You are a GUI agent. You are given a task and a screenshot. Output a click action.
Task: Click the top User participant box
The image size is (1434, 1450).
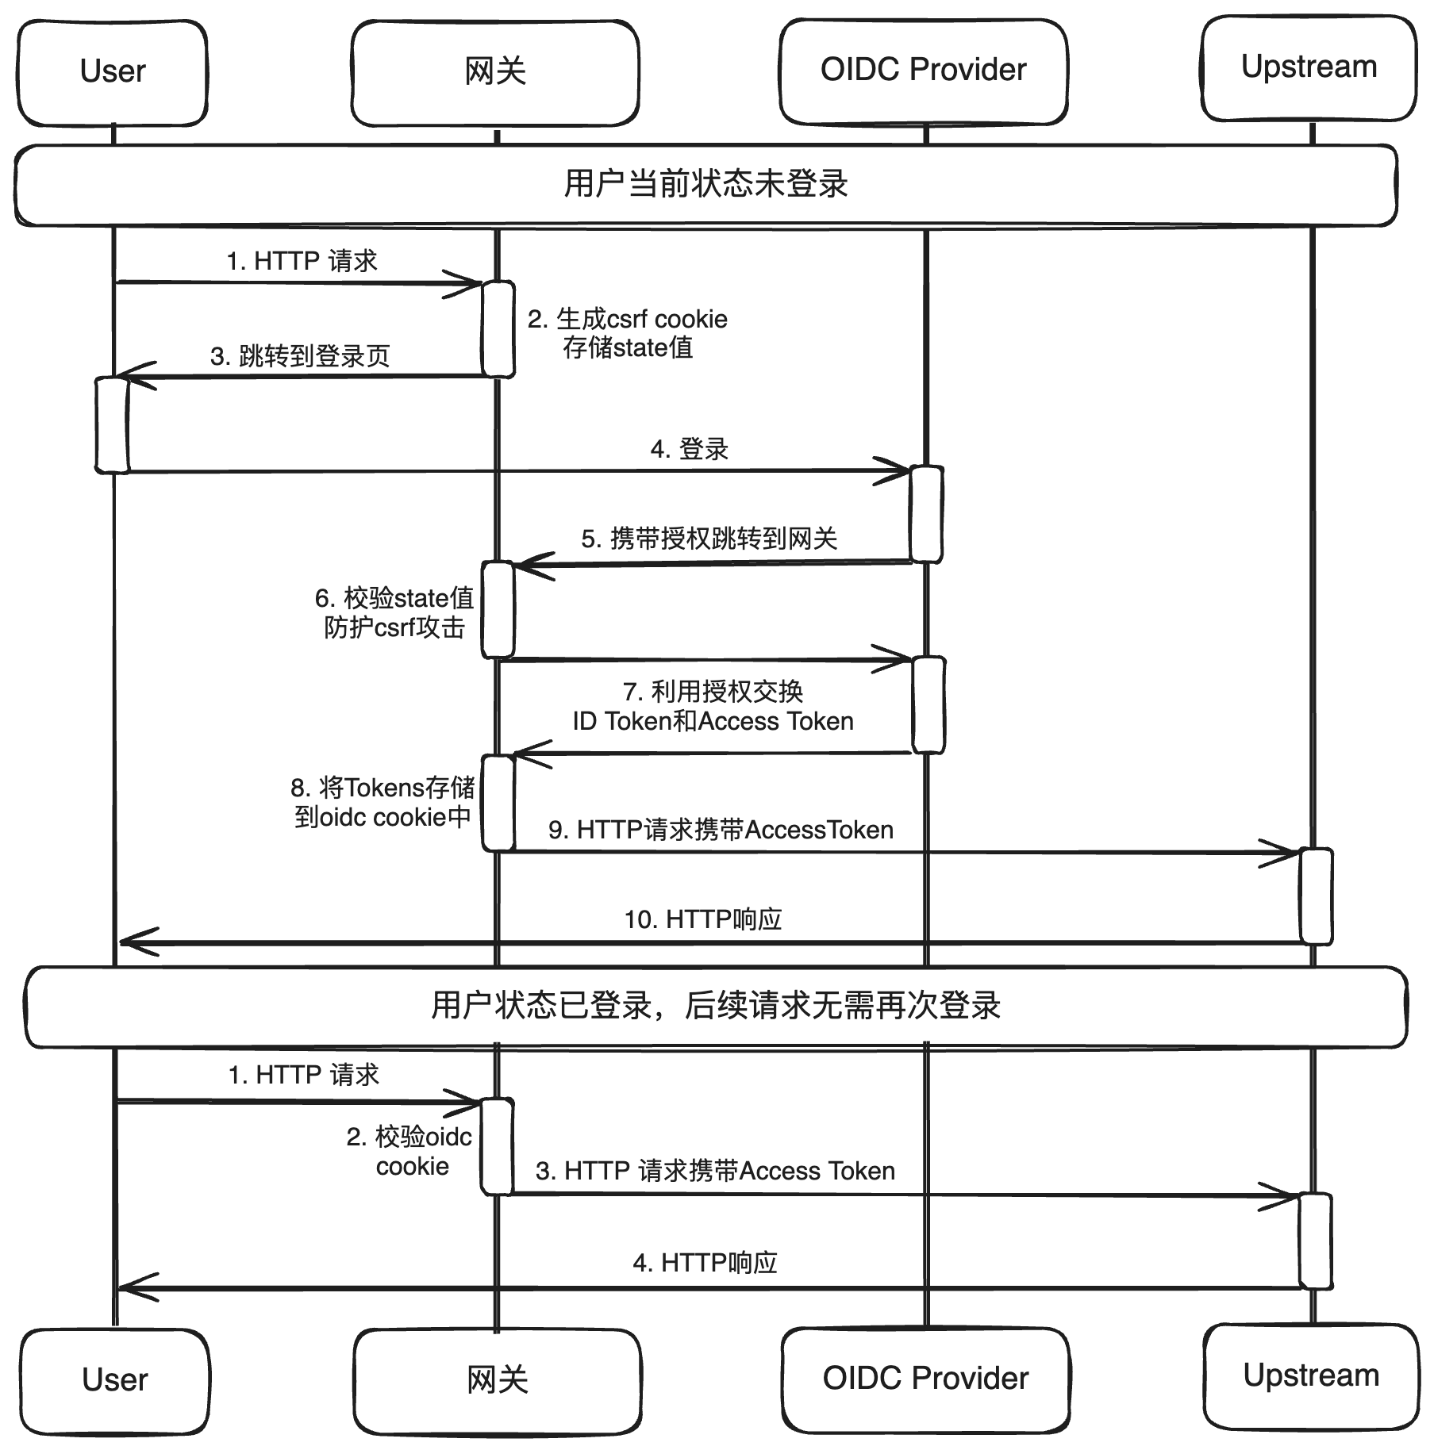[x=113, y=71]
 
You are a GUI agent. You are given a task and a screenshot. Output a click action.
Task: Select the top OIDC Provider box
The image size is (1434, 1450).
[x=923, y=71]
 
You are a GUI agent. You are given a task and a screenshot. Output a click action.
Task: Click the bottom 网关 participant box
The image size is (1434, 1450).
[x=497, y=1380]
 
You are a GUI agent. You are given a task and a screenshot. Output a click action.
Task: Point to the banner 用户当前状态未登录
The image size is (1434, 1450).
[x=705, y=184]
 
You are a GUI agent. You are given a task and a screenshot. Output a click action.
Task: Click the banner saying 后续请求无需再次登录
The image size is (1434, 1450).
[x=715, y=1006]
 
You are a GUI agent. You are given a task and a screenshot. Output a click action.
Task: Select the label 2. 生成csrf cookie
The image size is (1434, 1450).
[x=627, y=320]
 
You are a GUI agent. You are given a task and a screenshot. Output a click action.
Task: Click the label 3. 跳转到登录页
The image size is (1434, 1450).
[x=300, y=355]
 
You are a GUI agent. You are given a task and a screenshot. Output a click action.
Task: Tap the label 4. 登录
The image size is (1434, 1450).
[x=689, y=449]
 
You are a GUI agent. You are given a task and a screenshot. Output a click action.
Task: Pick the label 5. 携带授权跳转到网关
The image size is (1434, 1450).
[x=709, y=539]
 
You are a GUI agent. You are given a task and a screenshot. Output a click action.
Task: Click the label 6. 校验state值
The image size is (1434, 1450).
[x=394, y=598]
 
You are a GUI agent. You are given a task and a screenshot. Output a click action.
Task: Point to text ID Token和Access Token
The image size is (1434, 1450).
[x=713, y=721]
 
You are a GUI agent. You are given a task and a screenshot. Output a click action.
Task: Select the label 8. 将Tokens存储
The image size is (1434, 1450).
[x=383, y=788]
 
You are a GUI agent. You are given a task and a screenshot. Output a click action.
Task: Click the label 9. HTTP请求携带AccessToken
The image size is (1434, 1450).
[x=721, y=830]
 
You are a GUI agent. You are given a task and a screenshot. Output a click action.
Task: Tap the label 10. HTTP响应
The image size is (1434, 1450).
[x=703, y=919]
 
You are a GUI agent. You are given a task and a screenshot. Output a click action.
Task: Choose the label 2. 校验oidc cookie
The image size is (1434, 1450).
[x=409, y=1151]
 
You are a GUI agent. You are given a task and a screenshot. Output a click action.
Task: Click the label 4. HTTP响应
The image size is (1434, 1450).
[x=705, y=1262]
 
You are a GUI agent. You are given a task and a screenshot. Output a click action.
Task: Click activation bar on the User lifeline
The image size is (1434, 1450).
[x=112, y=425]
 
